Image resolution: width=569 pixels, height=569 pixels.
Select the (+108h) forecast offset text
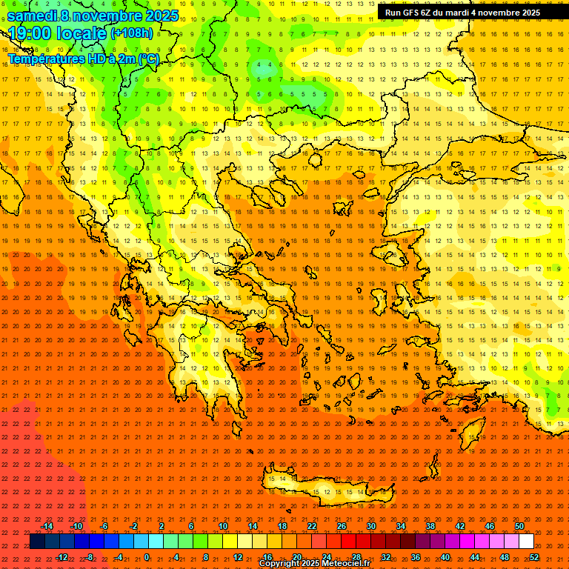click(132, 33)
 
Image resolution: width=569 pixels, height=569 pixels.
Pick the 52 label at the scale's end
click(534, 557)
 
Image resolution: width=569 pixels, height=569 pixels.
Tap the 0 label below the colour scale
click(146, 557)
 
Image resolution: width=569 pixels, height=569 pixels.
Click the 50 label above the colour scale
click(519, 526)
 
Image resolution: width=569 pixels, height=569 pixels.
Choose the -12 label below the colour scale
click(62, 557)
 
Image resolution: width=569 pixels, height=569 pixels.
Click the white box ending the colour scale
click(526, 542)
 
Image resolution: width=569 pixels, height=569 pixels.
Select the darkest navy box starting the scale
click(37, 542)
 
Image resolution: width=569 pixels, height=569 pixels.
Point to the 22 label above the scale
click(312, 526)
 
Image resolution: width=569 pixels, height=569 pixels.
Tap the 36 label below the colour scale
click(416, 557)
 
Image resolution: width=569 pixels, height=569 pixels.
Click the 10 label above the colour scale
click(223, 526)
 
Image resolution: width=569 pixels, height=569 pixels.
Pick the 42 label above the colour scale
click(460, 526)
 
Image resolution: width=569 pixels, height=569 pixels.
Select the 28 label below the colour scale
click(356, 557)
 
